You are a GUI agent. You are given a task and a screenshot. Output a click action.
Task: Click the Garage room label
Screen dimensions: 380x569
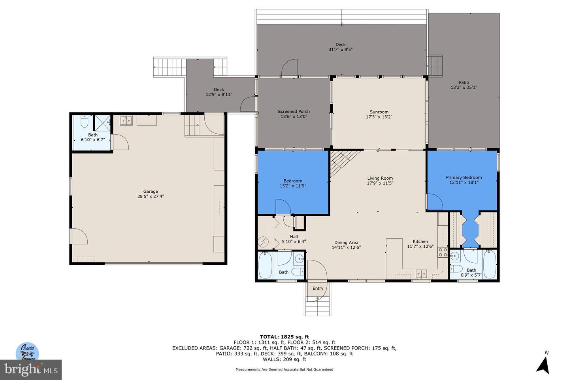pyautogui.click(x=151, y=191)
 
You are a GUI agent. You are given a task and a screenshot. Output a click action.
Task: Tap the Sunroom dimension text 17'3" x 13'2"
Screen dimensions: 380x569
pyautogui.click(x=379, y=117)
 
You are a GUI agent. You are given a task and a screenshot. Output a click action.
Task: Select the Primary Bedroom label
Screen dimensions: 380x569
pyautogui.click(x=464, y=177)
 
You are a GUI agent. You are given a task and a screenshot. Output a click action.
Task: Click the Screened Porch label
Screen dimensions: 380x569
pyautogui.click(x=294, y=112)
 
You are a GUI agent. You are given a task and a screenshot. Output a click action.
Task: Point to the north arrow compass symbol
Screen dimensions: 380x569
pyautogui.click(x=544, y=365)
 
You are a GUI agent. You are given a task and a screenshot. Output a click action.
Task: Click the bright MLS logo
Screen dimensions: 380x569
pyautogui.click(x=31, y=370)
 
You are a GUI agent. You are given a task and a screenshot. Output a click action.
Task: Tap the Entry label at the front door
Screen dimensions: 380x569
pyautogui.click(x=318, y=289)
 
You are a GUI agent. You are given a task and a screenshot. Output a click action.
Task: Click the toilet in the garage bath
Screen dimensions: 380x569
pyautogui.click(x=84, y=122)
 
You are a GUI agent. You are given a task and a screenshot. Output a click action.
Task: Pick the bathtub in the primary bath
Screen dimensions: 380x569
pyautogui.click(x=490, y=265)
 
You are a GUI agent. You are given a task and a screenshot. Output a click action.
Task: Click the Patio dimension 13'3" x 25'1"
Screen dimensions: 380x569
pyautogui.click(x=464, y=87)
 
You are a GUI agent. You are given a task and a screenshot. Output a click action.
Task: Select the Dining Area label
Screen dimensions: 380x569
pyautogui.click(x=346, y=243)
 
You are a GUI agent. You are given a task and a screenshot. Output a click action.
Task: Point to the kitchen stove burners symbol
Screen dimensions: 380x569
pyautogui.click(x=443, y=253)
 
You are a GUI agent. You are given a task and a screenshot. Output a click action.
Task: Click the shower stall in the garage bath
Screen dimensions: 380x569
pyautogui.click(x=102, y=123)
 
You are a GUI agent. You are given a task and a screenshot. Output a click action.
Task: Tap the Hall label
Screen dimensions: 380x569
pyautogui.click(x=294, y=236)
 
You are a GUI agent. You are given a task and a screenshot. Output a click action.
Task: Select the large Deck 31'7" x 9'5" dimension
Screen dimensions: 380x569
pyautogui.click(x=340, y=49)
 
